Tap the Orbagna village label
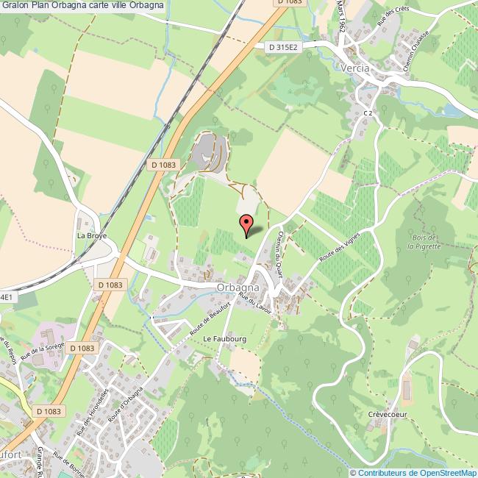pyautogui.click(x=238, y=288)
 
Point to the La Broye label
pyautogui.click(x=93, y=236)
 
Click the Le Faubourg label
pyautogui.click(x=224, y=338)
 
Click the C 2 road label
pyautogui.click(x=368, y=113)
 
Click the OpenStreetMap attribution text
pyautogui.click(x=415, y=472)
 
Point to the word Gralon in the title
pyautogui.click(x=15, y=6)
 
